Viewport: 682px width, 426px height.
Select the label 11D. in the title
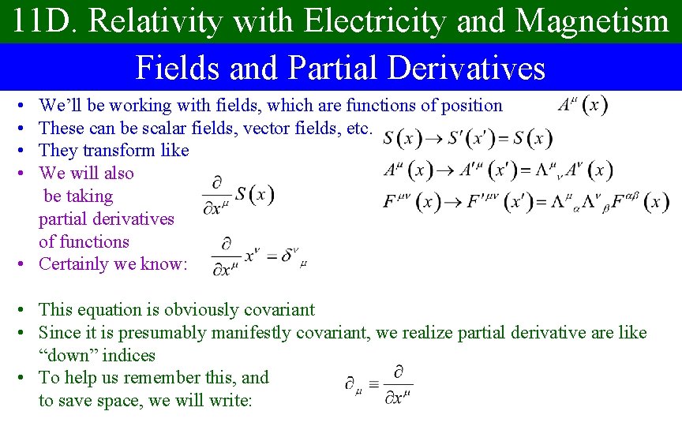[x=45, y=21]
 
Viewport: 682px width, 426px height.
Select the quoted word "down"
[x=68, y=356]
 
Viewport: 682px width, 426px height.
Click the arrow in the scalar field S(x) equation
[x=434, y=139]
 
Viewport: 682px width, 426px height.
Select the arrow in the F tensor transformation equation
[x=455, y=202]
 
